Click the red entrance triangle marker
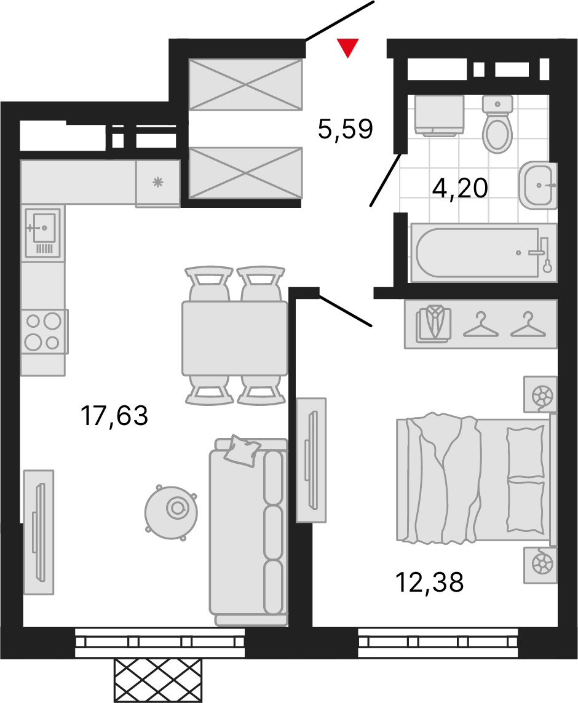[347, 47]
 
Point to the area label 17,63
[114, 415]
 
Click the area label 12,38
[430, 582]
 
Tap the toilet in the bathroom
[497, 124]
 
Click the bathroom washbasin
[538, 185]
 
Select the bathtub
[483, 253]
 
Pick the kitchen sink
[42, 232]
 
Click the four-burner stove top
[44, 332]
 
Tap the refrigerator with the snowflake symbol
[157, 183]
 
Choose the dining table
[235, 338]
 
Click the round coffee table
[172, 512]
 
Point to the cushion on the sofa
[242, 450]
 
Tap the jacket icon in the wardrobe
[434, 324]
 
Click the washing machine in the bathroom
[438, 115]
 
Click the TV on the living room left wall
[39, 532]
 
